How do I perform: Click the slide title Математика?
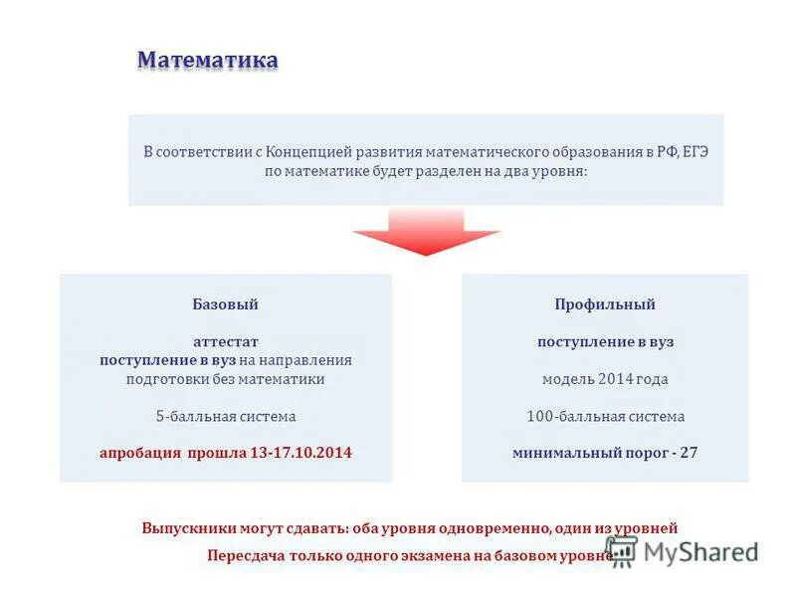pos(207,61)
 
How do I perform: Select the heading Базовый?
pos(225,304)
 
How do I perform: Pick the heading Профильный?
pos(605,304)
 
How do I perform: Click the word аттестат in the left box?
pos(225,341)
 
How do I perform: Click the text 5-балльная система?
pos(225,416)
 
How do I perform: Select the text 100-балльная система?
pos(605,416)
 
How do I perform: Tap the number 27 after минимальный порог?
pos(689,453)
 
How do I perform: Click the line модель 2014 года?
pos(605,379)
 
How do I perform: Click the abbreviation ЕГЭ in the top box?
pos(695,152)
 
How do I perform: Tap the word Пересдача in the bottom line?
pos(246,556)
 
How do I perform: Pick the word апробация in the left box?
pos(139,453)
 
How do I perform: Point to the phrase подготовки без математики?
pos(225,379)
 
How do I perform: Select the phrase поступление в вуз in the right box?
pos(605,341)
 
